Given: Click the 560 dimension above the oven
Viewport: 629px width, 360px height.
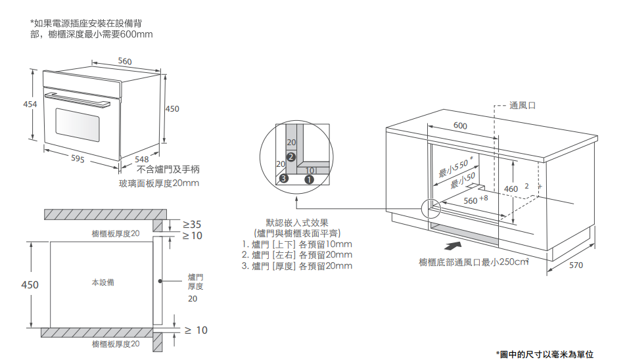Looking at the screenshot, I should (125, 61).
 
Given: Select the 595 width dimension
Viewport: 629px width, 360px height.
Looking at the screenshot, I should (78, 158).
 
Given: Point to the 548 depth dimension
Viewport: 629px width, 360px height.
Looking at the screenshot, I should (141, 159).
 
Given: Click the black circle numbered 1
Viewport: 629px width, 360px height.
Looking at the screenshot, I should (310, 178).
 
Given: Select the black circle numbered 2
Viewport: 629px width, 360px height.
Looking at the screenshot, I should (291, 156).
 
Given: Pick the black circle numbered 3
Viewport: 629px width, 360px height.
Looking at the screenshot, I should (284, 178).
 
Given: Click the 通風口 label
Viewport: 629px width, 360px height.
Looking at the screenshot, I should (523, 105).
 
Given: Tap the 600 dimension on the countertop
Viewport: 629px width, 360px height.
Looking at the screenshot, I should (460, 125).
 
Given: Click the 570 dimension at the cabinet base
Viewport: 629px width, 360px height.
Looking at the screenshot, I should (576, 265).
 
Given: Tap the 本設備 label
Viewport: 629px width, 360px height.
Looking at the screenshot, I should (103, 282).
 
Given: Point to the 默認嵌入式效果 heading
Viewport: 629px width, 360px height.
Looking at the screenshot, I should (297, 223).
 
